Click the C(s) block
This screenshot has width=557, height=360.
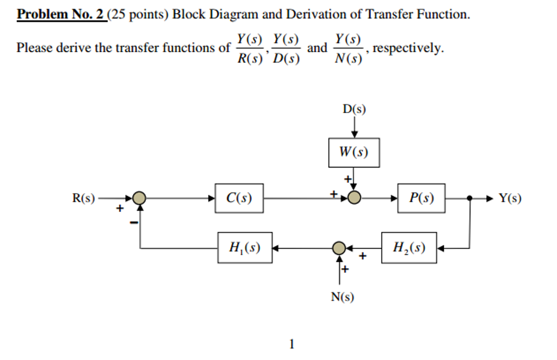tap(239, 198)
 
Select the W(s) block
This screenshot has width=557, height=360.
tap(354, 152)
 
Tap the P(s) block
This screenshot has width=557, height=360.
tap(421, 198)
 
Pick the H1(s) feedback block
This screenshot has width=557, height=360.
tap(245, 248)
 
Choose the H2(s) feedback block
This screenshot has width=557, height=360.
tap(409, 248)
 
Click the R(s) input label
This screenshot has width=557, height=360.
tap(84, 198)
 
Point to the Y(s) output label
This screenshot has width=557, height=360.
tap(510, 198)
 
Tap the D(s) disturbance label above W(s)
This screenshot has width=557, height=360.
tap(354, 109)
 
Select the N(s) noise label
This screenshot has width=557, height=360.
tap(342, 297)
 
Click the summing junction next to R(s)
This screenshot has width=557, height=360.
tap(140, 198)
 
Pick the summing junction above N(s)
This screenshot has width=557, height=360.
tap(339, 249)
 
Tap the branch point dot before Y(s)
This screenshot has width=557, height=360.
tap(469, 198)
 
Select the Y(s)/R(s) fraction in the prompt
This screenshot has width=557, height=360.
tap(249, 48)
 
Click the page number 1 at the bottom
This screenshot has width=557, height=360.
tap(292, 344)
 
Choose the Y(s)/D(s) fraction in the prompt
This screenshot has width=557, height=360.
tap(286, 48)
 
